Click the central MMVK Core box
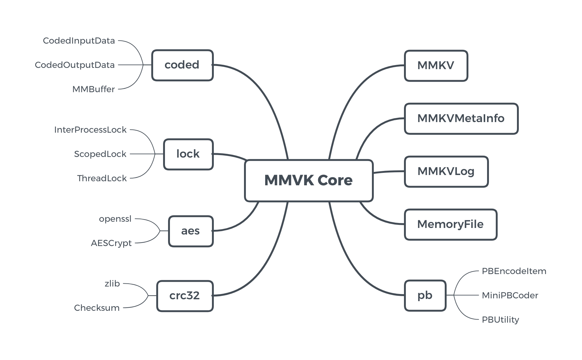point(308,181)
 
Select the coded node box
point(182,65)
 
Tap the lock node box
point(188,154)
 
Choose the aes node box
point(190,231)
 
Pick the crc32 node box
point(185,296)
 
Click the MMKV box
point(436,66)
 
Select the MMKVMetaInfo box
point(461,119)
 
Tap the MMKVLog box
point(446,172)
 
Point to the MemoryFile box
point(450,225)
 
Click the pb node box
point(425,296)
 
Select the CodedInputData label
point(79,41)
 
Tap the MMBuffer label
point(93,89)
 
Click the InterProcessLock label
point(90,130)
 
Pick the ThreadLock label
point(102,178)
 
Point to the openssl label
point(115,219)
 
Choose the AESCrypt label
point(111,243)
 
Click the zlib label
point(112,284)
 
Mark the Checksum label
point(97,308)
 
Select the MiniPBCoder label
point(510,296)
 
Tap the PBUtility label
point(500,320)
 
